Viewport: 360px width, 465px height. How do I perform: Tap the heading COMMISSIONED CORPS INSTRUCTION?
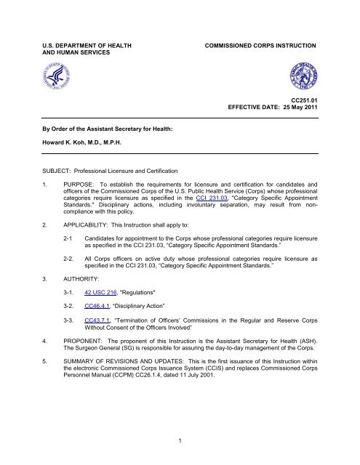[264, 25]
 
